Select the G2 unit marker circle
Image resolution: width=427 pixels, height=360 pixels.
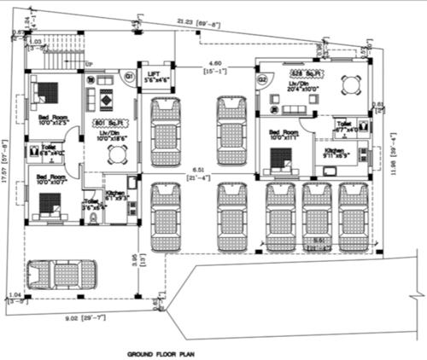[263, 79]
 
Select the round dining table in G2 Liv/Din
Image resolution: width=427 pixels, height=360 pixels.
[348, 84]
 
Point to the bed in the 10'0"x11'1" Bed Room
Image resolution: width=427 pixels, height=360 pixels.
[279, 157]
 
